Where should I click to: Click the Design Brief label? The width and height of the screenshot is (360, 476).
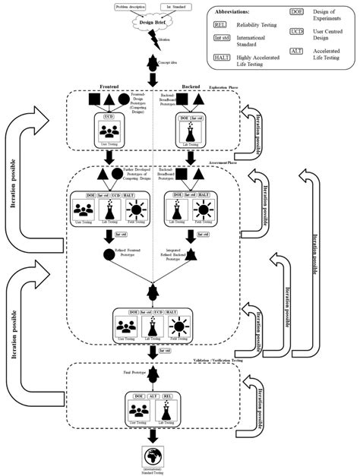[154, 22]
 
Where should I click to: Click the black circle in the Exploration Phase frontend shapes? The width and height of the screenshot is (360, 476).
[124, 99]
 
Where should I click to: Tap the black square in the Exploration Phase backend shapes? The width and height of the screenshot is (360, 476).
[180, 99]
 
